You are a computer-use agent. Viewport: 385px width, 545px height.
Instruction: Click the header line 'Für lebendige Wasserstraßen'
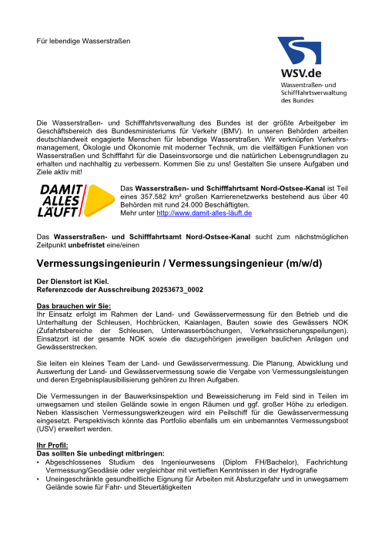(x=85, y=39)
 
